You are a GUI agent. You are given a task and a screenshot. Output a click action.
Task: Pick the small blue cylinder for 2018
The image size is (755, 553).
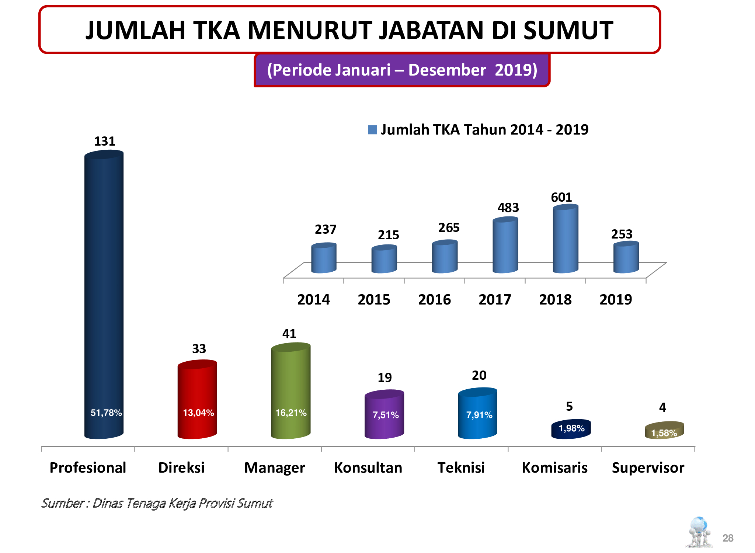[566, 240]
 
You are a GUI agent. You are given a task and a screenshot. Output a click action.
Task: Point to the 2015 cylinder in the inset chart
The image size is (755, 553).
[384, 260]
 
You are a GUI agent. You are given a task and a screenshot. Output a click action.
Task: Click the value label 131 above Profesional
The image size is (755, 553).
[105, 141]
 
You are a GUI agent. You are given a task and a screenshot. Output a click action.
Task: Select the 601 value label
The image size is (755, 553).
[561, 198]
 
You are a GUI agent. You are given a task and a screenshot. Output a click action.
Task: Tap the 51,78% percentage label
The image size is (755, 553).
[106, 413]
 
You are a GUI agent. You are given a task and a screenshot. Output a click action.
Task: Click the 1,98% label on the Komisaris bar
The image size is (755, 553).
[571, 428]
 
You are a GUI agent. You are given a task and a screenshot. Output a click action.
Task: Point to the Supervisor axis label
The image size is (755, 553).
[648, 468]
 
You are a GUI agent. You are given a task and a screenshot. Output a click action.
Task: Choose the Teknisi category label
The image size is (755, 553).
[461, 468]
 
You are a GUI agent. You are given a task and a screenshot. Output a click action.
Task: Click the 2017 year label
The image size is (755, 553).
[495, 300]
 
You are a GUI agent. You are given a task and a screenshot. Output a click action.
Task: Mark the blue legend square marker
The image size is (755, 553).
[372, 130]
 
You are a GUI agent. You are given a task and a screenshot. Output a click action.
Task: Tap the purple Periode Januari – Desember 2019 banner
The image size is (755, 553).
[402, 70]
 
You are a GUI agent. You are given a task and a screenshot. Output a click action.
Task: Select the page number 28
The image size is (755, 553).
[728, 538]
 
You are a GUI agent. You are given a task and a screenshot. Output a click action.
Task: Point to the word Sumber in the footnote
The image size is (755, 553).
[63, 503]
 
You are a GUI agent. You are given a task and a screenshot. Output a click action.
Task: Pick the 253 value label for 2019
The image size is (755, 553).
[622, 234]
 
